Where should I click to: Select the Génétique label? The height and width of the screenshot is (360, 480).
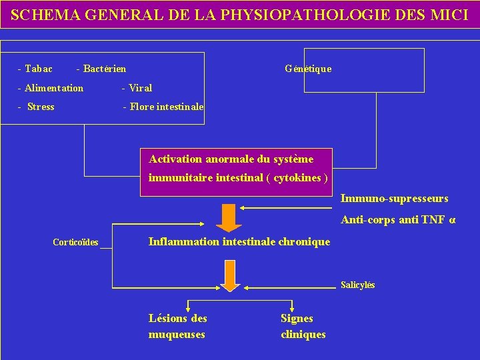[x=308, y=69]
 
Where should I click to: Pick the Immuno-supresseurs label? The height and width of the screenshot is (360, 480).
[x=395, y=199]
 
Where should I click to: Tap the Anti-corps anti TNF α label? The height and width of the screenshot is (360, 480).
[x=399, y=219]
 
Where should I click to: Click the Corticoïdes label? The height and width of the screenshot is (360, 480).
[x=75, y=242]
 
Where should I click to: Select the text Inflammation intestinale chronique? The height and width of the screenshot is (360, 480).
[x=239, y=241]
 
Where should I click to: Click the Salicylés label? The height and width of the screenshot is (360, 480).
[x=358, y=285]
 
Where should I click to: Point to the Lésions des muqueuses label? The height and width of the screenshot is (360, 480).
[x=177, y=326]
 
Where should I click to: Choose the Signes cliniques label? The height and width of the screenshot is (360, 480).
[x=303, y=326]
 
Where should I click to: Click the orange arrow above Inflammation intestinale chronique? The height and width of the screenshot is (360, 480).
[x=229, y=217]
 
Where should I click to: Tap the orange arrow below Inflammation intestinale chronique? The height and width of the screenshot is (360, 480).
[x=230, y=280]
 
